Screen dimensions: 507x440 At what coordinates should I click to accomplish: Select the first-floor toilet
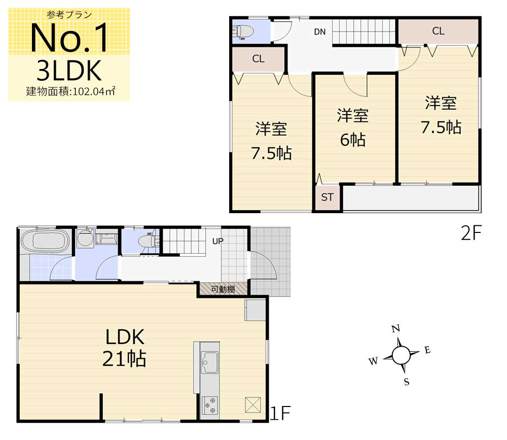click(149, 241)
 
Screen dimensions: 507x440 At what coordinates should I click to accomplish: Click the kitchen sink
click(209, 362)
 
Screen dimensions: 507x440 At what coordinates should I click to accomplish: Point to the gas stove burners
click(209, 405)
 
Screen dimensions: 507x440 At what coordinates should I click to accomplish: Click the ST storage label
click(327, 197)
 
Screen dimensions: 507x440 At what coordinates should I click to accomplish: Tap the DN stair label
click(320, 32)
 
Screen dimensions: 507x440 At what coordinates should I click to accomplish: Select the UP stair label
click(218, 241)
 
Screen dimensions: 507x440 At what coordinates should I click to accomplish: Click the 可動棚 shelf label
click(223, 289)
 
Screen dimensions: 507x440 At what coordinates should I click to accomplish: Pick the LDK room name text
click(125, 337)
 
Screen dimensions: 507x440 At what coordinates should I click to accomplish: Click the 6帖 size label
click(353, 140)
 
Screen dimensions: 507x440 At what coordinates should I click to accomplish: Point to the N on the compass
click(396, 329)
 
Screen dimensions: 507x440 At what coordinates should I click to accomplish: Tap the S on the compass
click(407, 382)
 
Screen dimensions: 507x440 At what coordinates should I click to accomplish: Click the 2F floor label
click(472, 233)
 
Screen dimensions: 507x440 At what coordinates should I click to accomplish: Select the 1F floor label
click(280, 413)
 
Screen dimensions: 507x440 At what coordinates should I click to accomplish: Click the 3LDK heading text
click(69, 71)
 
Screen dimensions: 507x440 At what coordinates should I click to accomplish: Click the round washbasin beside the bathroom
click(85, 239)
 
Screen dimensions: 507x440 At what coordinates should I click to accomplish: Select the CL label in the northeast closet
click(438, 31)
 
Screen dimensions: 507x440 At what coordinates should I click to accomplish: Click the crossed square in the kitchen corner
click(253, 404)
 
